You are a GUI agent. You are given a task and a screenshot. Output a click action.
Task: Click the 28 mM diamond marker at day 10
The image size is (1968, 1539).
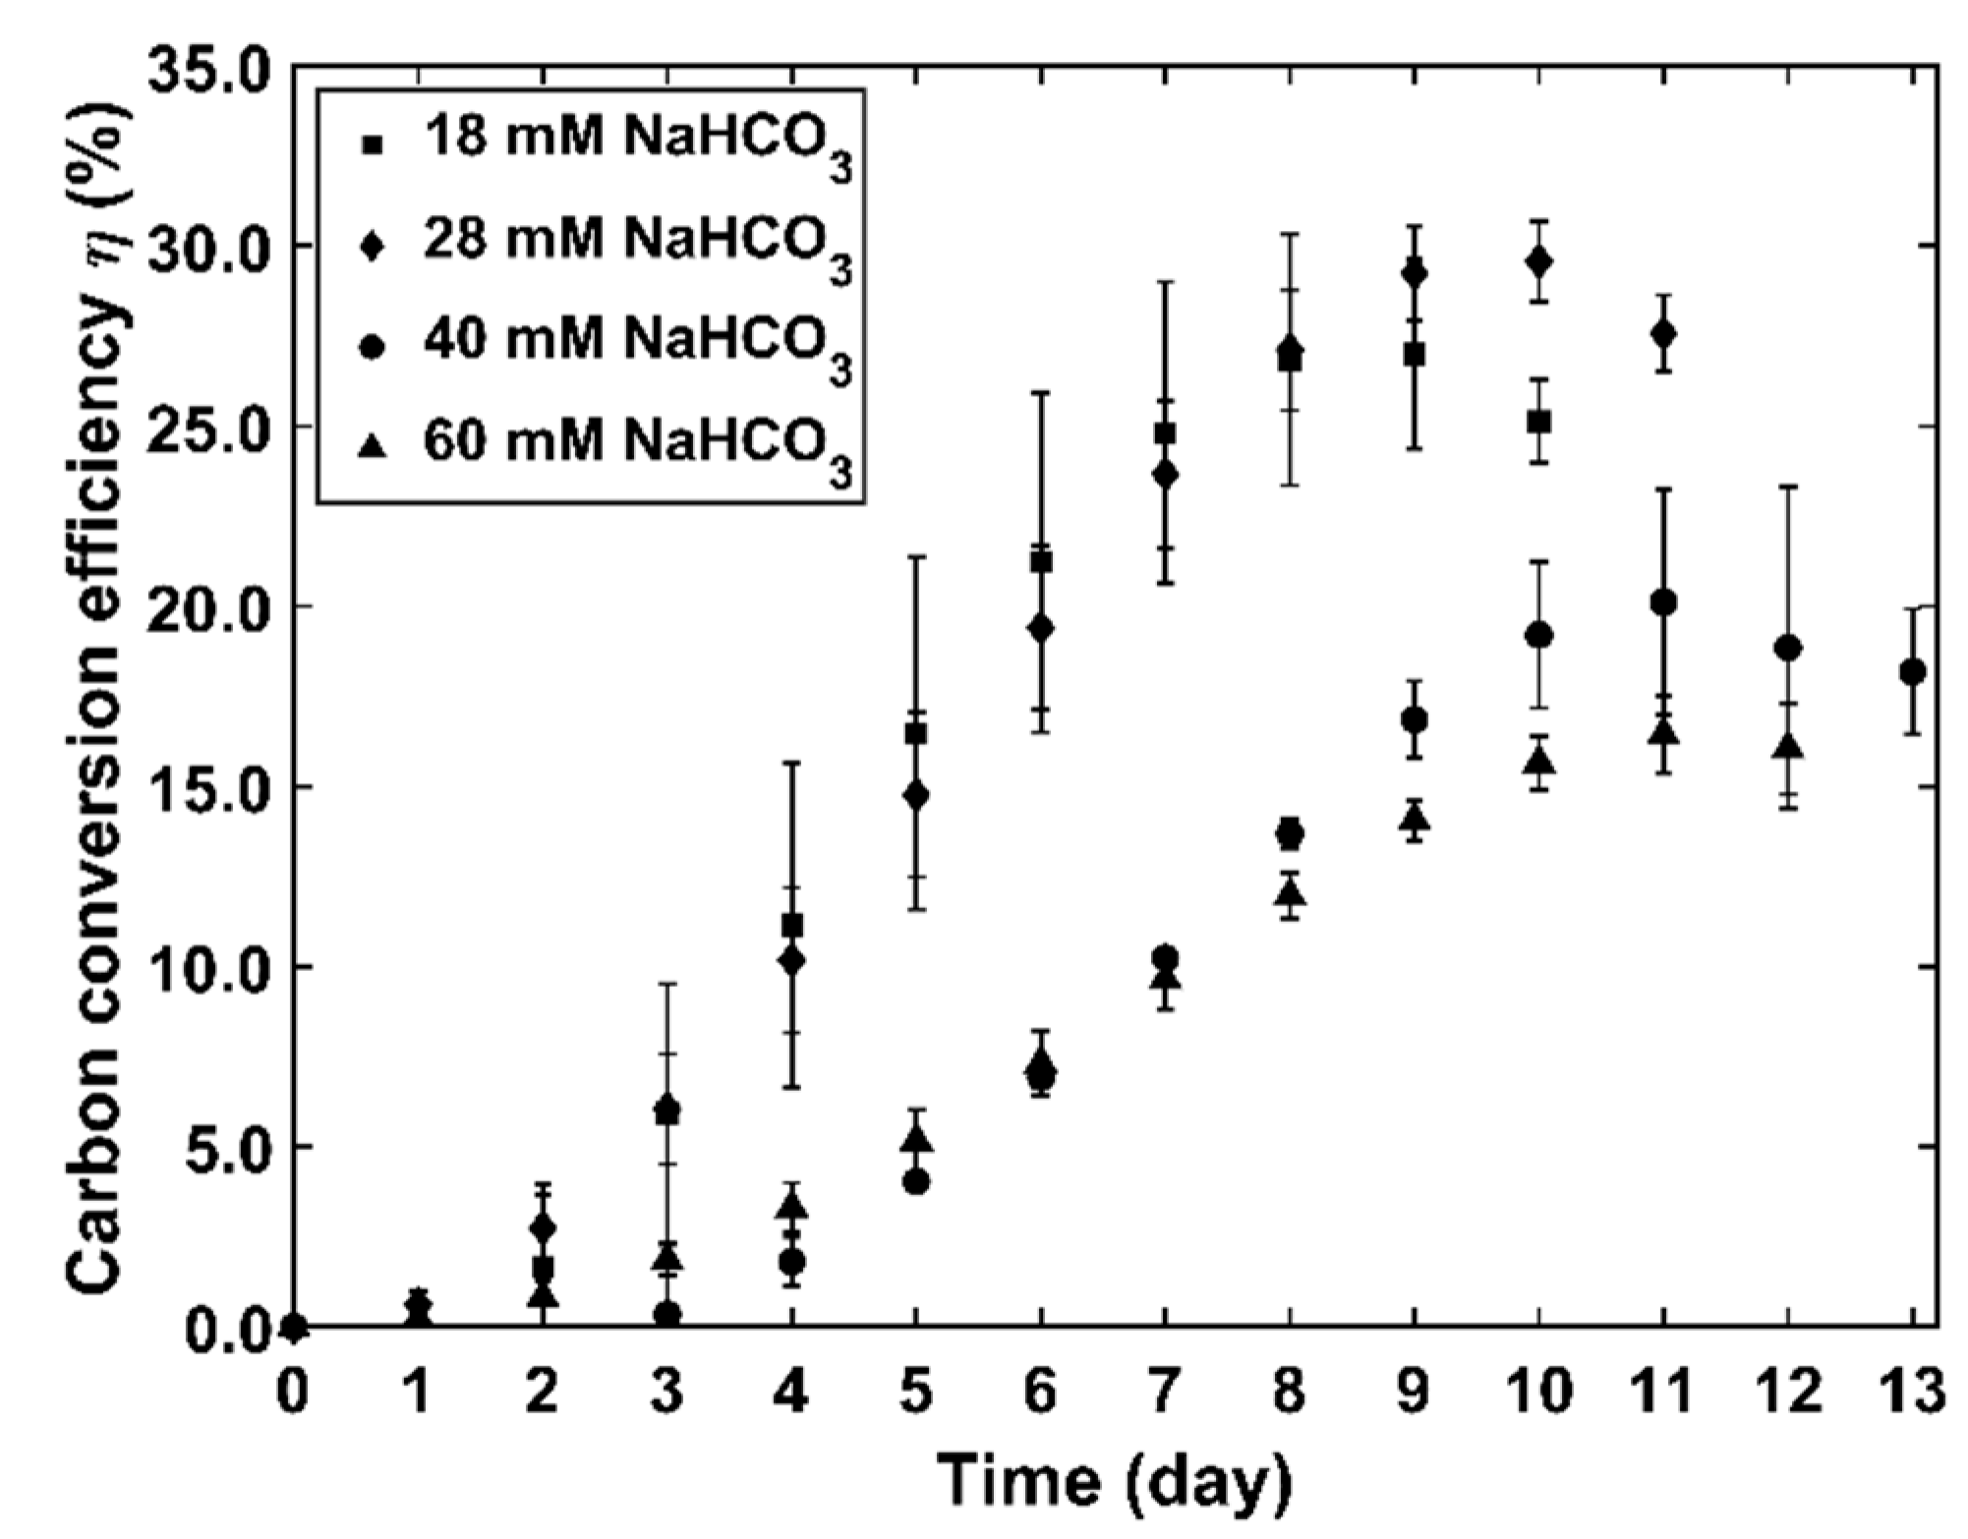1539,261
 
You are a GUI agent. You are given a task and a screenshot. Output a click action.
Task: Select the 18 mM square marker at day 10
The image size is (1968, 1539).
1539,422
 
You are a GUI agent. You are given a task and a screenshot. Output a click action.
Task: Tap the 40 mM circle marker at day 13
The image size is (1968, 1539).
1912,672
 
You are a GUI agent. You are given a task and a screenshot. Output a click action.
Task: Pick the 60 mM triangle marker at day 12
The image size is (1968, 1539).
1789,746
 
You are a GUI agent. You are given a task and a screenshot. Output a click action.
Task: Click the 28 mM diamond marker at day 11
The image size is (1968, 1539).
1663,334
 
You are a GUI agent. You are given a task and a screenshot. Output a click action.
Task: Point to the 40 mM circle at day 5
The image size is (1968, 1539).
915,1182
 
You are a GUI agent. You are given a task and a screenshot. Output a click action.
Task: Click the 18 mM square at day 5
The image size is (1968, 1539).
915,734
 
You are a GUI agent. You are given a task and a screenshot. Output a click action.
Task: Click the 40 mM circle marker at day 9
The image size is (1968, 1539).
1415,720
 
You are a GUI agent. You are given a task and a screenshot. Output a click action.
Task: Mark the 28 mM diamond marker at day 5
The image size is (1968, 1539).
915,795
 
